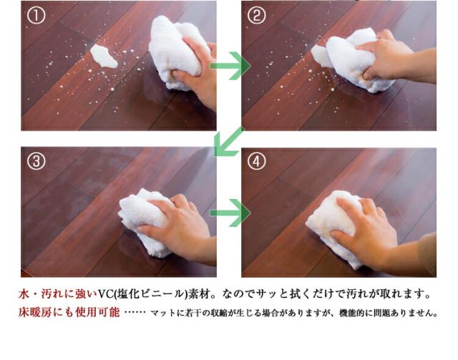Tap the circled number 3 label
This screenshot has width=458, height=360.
tap(36, 161)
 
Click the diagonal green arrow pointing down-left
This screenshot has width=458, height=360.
tap(228, 142)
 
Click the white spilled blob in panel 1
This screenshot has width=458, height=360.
tap(104, 56)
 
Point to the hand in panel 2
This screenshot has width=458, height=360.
tap(390, 61)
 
